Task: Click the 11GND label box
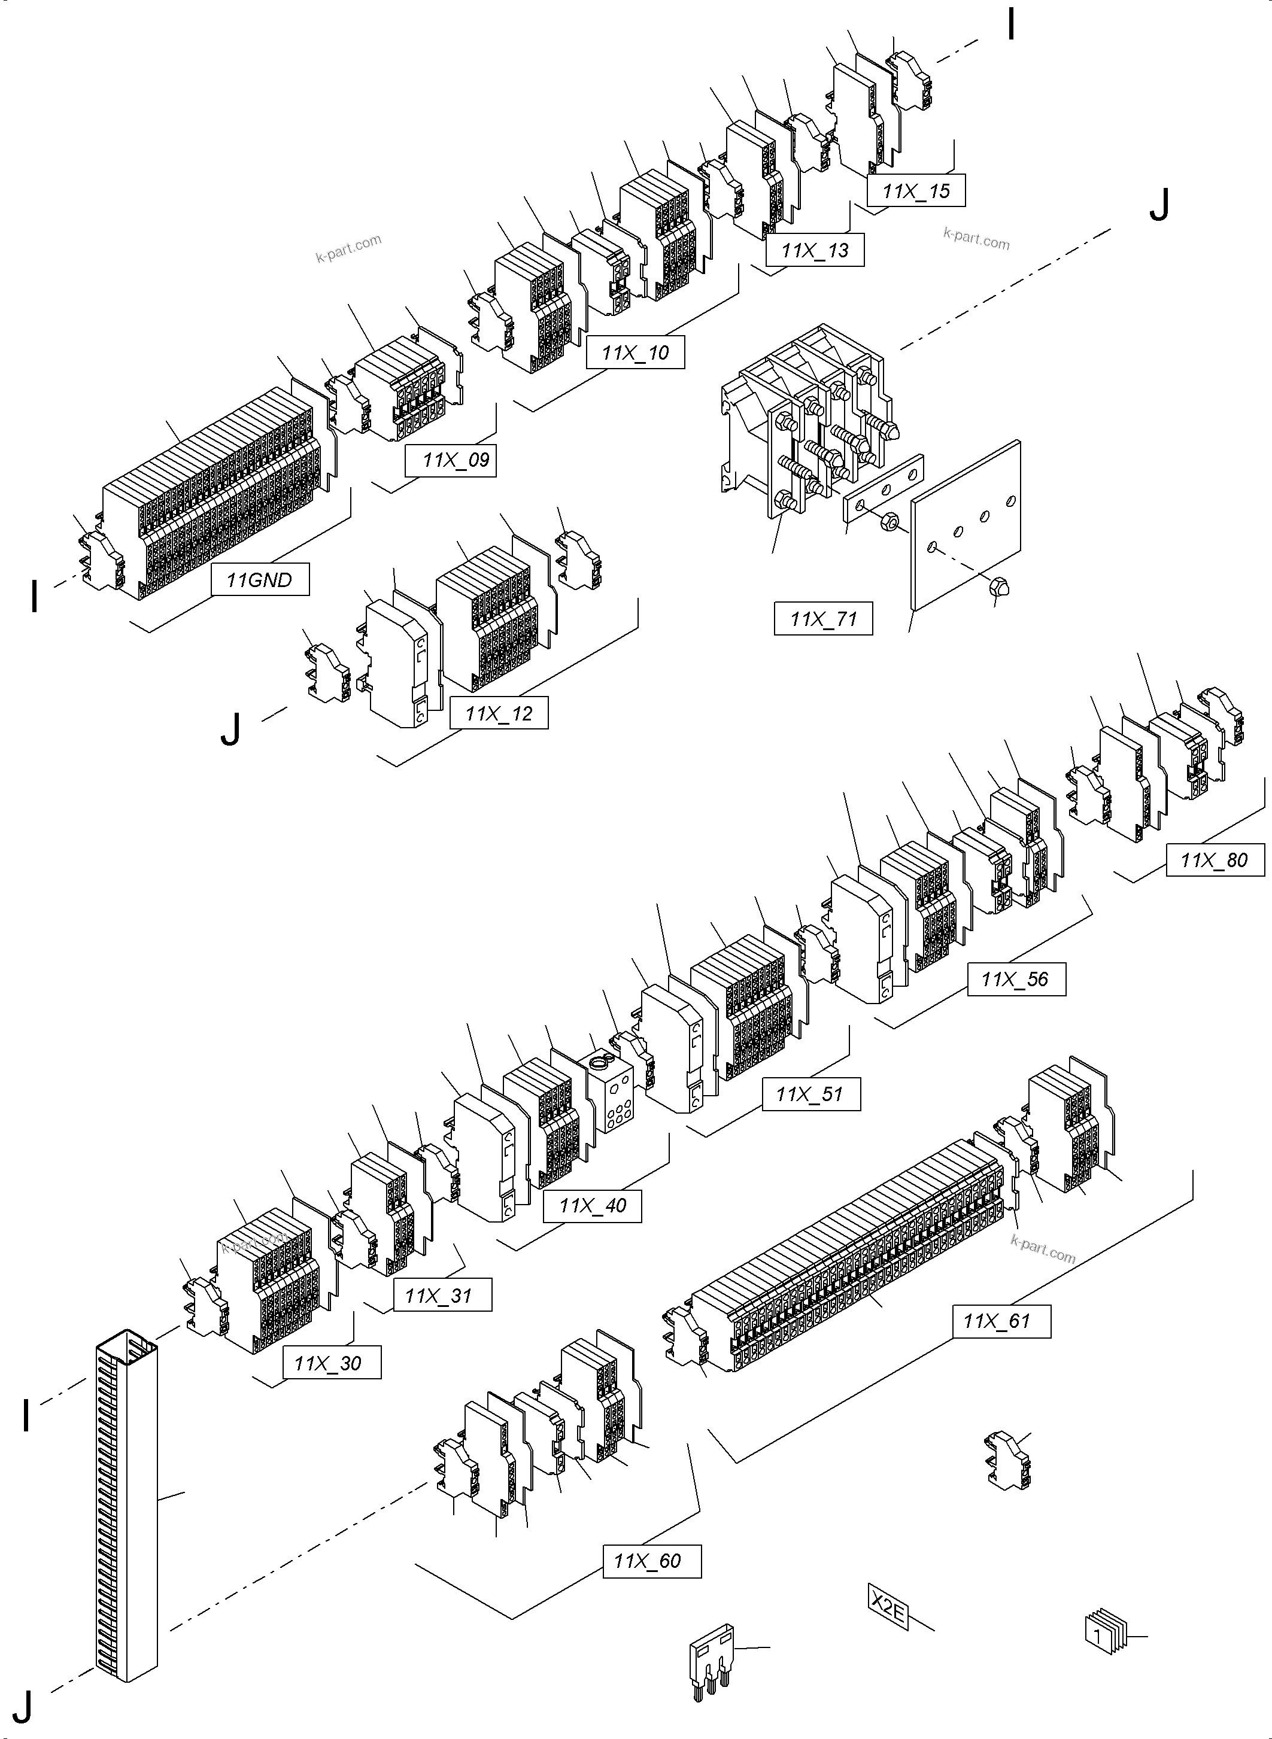pos(260,580)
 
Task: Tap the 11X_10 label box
pos(635,352)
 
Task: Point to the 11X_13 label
pos(815,250)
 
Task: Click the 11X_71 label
pos(823,618)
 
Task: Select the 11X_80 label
pos(1215,860)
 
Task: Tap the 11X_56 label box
pos(1016,979)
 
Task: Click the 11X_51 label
pos(810,1094)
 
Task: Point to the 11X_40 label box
pos(592,1206)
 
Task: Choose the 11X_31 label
pos(443,1296)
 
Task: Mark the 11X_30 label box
pos(332,1363)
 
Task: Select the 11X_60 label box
pos(651,1561)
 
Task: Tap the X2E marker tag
pos(888,1607)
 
